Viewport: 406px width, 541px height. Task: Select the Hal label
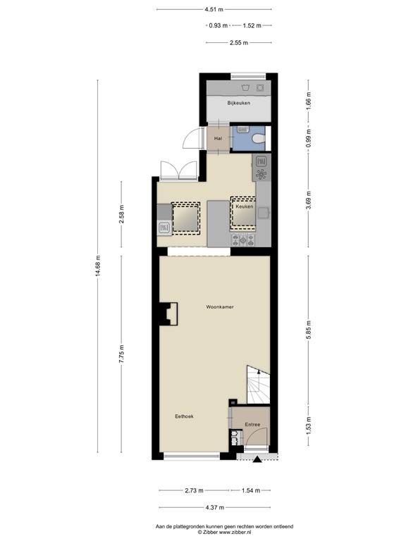coord(218,138)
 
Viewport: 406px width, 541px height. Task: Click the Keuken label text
coord(244,206)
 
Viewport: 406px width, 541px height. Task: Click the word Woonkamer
coord(220,308)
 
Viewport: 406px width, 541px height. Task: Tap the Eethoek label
coord(185,416)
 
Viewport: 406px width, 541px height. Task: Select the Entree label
coord(252,424)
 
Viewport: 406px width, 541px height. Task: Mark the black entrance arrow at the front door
coord(257,460)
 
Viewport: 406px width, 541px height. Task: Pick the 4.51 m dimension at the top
coord(214,10)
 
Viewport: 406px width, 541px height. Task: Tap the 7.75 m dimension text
coord(121,352)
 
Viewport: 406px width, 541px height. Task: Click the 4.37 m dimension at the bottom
coord(214,506)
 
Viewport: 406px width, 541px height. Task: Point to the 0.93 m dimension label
coord(219,25)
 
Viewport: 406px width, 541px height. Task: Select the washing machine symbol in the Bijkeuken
coord(245,88)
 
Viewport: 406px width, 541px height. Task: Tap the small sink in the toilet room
coord(241,129)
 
